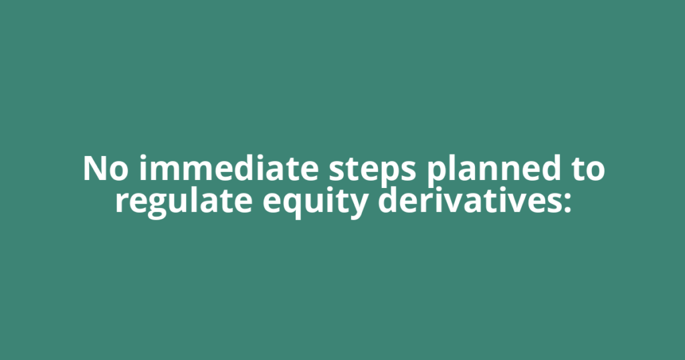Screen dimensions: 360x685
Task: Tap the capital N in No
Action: tap(94, 169)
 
